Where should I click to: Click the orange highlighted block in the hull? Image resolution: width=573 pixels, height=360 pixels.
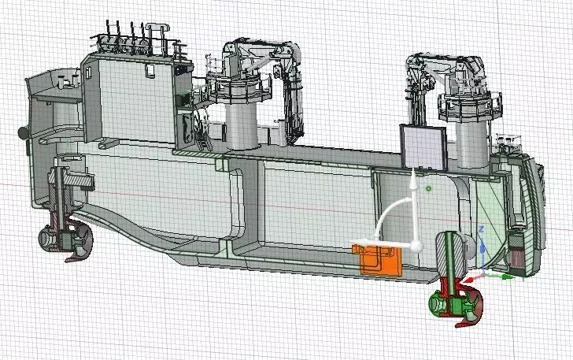pos(378,261)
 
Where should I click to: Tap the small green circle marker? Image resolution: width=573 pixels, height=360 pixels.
pos(427,189)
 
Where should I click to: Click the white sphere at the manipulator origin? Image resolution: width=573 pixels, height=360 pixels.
pos(416,246)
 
